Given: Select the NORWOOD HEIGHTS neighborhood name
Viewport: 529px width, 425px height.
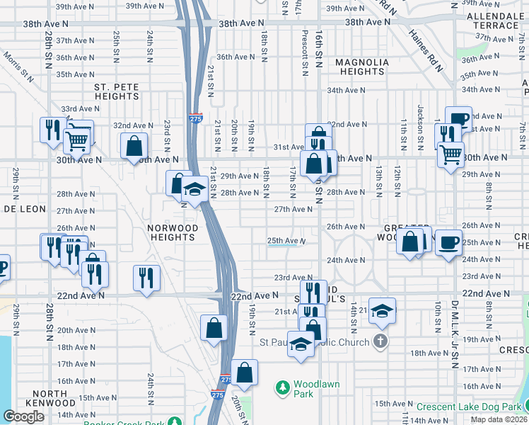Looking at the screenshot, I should tap(173, 232).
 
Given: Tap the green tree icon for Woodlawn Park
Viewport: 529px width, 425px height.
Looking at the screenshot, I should tap(283, 387).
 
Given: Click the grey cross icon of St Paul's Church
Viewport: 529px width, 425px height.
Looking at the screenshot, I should tap(380, 342).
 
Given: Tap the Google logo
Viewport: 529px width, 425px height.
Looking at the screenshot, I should tap(23, 416).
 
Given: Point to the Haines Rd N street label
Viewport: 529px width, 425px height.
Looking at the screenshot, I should tap(429, 54).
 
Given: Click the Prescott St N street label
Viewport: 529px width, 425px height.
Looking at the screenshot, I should tap(305, 53).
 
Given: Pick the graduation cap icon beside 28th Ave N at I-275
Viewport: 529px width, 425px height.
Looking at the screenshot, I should tap(194, 189).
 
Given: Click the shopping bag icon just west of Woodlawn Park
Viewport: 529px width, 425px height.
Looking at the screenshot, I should tap(244, 373).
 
